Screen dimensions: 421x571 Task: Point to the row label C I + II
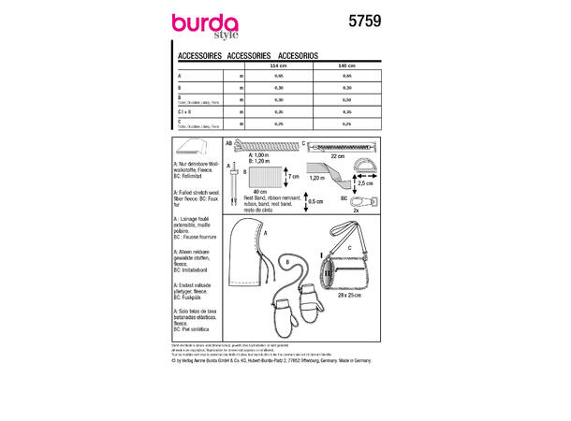click(x=184, y=111)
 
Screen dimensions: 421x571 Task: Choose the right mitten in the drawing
click(x=311, y=317)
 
